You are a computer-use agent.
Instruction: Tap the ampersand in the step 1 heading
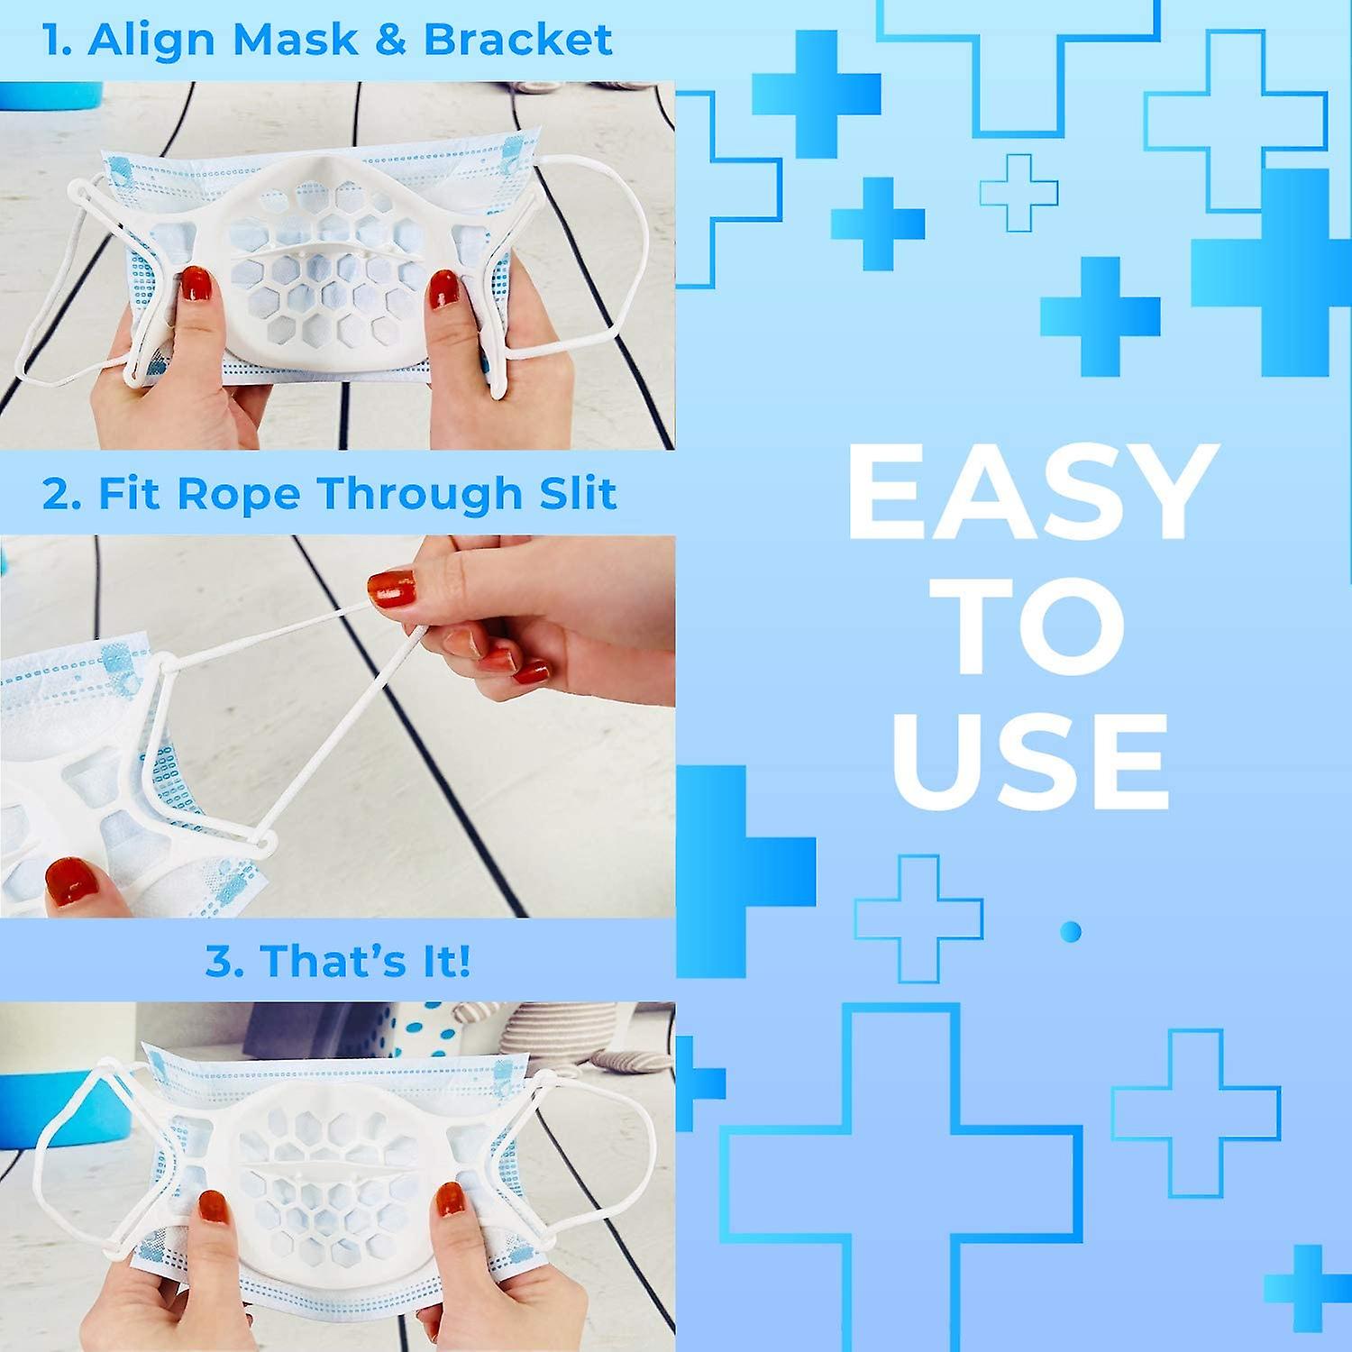392,41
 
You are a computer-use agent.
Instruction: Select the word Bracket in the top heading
518,41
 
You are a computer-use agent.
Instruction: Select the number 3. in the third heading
224,962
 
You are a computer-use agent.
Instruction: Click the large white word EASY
1032,494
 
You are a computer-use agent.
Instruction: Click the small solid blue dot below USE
1071,931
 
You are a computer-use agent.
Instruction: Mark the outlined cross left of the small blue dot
918,918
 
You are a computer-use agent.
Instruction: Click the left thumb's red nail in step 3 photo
214,1206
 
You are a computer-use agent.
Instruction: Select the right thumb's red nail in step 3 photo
450,1200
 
